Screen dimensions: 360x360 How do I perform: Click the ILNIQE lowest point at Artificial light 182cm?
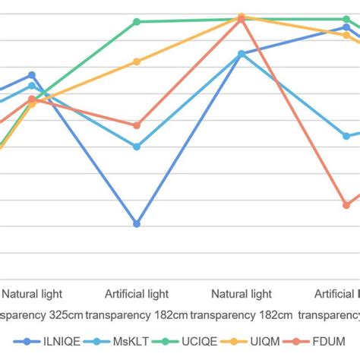[137, 224]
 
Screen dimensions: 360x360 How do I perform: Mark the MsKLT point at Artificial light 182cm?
[137, 147]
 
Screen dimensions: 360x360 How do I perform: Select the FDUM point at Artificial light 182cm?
[137, 125]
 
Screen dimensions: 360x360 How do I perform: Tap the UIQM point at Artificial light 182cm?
[137, 62]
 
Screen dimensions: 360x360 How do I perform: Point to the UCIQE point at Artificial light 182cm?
[137, 22]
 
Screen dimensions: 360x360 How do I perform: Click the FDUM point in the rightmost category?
[346, 205]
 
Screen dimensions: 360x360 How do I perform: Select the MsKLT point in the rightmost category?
[346, 135]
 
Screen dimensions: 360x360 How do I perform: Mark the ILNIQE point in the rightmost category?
[346, 27]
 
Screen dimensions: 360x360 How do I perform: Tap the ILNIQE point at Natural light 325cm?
[32, 75]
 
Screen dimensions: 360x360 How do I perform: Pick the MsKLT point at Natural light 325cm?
[32, 86]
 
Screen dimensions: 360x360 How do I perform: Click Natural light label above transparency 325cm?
[32, 294]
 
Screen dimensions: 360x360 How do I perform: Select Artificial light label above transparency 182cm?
[137, 294]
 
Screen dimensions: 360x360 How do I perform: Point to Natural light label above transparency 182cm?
[242, 294]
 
